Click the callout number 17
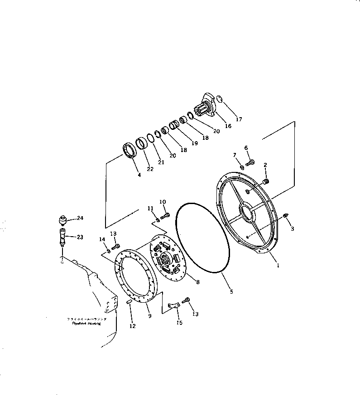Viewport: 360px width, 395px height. tap(239, 119)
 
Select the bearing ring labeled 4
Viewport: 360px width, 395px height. tap(130, 151)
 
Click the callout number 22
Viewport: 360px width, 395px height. tap(150, 169)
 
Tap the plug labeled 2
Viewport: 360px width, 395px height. tap(266, 181)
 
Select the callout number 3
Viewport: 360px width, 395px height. tap(292, 229)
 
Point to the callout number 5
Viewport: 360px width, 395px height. tap(231, 292)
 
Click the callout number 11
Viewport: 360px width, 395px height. tap(150, 208)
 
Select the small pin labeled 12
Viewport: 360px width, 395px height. tap(129, 302)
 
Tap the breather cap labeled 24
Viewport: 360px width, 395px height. tap(62, 220)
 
